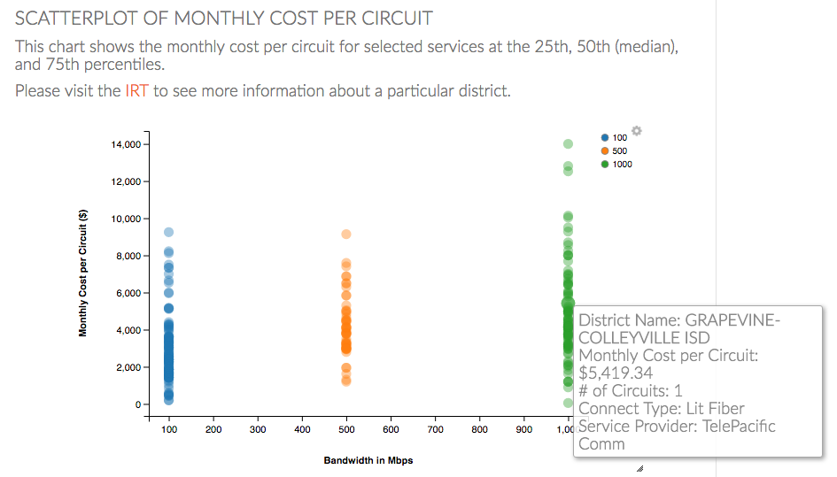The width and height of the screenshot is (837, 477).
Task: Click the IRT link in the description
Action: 136,91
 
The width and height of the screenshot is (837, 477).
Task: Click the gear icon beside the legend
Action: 636,132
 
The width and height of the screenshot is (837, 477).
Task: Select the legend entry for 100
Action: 614,138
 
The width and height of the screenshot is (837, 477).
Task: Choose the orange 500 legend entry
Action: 614,151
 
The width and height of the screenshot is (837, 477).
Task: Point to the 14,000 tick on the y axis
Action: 125,144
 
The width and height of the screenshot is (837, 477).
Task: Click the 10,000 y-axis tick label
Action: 125,219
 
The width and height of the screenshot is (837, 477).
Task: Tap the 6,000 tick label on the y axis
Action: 128,293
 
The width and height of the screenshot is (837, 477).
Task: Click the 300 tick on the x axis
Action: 258,430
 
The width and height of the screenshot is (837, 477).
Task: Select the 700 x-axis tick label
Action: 435,430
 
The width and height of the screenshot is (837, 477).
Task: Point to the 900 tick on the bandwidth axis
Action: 523,430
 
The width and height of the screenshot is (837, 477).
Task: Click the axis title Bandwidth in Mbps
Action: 368,461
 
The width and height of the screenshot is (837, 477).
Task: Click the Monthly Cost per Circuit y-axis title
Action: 83,273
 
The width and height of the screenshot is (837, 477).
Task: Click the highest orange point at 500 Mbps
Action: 346,235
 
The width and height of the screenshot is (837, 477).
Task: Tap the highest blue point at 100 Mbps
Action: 168,233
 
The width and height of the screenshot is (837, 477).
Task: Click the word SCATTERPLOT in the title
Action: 75,19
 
